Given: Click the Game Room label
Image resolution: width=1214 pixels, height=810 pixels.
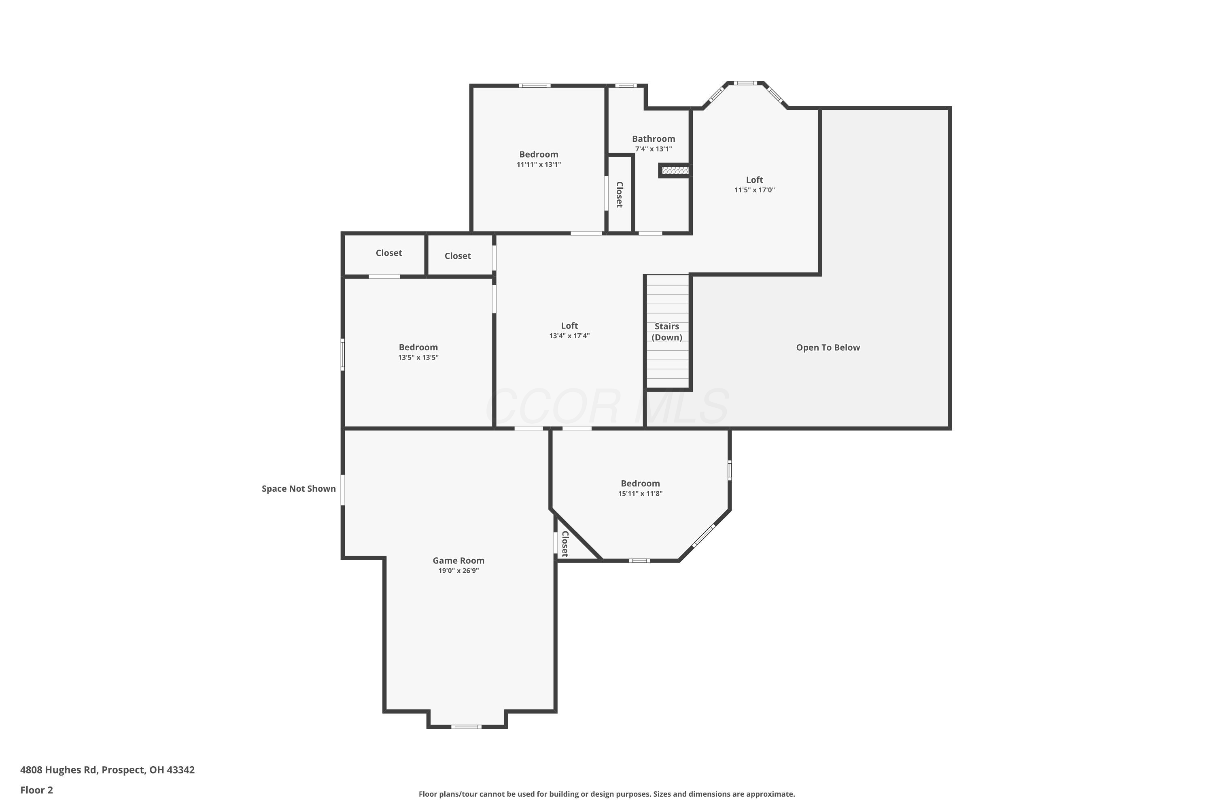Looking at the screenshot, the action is pos(458,561).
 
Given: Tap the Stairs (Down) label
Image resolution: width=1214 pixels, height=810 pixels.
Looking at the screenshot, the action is pos(667,332).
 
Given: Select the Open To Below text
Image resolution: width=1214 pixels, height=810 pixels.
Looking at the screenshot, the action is pos(828,347).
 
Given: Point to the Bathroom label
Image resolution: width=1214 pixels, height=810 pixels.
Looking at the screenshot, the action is pos(654,139).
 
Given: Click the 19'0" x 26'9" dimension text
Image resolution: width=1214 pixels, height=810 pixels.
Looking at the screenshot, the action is pos(458,571).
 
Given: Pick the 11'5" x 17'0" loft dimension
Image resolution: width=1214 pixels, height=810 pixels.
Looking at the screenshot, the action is pos(755,190).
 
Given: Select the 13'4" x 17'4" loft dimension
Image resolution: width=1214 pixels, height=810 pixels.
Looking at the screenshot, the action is pos(569,336).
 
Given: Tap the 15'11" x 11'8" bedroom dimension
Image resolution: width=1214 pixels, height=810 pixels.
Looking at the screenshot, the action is pos(641,493).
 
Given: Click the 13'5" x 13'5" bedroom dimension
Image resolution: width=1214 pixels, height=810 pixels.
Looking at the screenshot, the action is pos(418,358).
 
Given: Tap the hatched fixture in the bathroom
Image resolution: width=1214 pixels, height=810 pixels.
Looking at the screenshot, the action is pos(675,171).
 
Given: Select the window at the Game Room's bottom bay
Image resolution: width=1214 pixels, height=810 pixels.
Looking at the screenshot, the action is pos(466,727).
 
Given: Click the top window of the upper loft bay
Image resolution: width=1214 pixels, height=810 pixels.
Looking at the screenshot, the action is pos(745,83).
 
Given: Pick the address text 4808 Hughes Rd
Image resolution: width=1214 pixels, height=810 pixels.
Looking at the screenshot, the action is pos(58,770).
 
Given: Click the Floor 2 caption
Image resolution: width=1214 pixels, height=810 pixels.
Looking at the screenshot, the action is pos(37,790).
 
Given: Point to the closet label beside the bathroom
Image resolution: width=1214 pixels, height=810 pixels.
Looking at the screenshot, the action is pos(620,195).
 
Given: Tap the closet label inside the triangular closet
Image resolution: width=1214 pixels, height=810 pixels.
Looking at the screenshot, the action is pos(565,544).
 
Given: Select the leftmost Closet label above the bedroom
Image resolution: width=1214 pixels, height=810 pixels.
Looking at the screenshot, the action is pos(388,253).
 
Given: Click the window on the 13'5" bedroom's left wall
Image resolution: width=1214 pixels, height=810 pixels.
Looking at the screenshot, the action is pos(342,354).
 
